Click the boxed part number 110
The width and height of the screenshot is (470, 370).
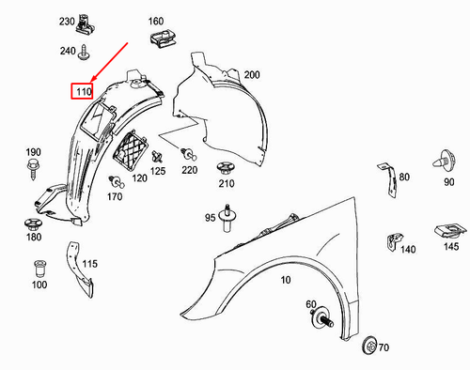tap(84, 92)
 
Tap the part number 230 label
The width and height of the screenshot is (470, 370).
tap(67, 21)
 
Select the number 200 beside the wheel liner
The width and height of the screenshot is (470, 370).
tap(251, 74)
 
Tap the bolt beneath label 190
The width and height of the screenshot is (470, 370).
tap(33, 169)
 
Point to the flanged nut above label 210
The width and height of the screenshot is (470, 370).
tap(225, 170)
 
